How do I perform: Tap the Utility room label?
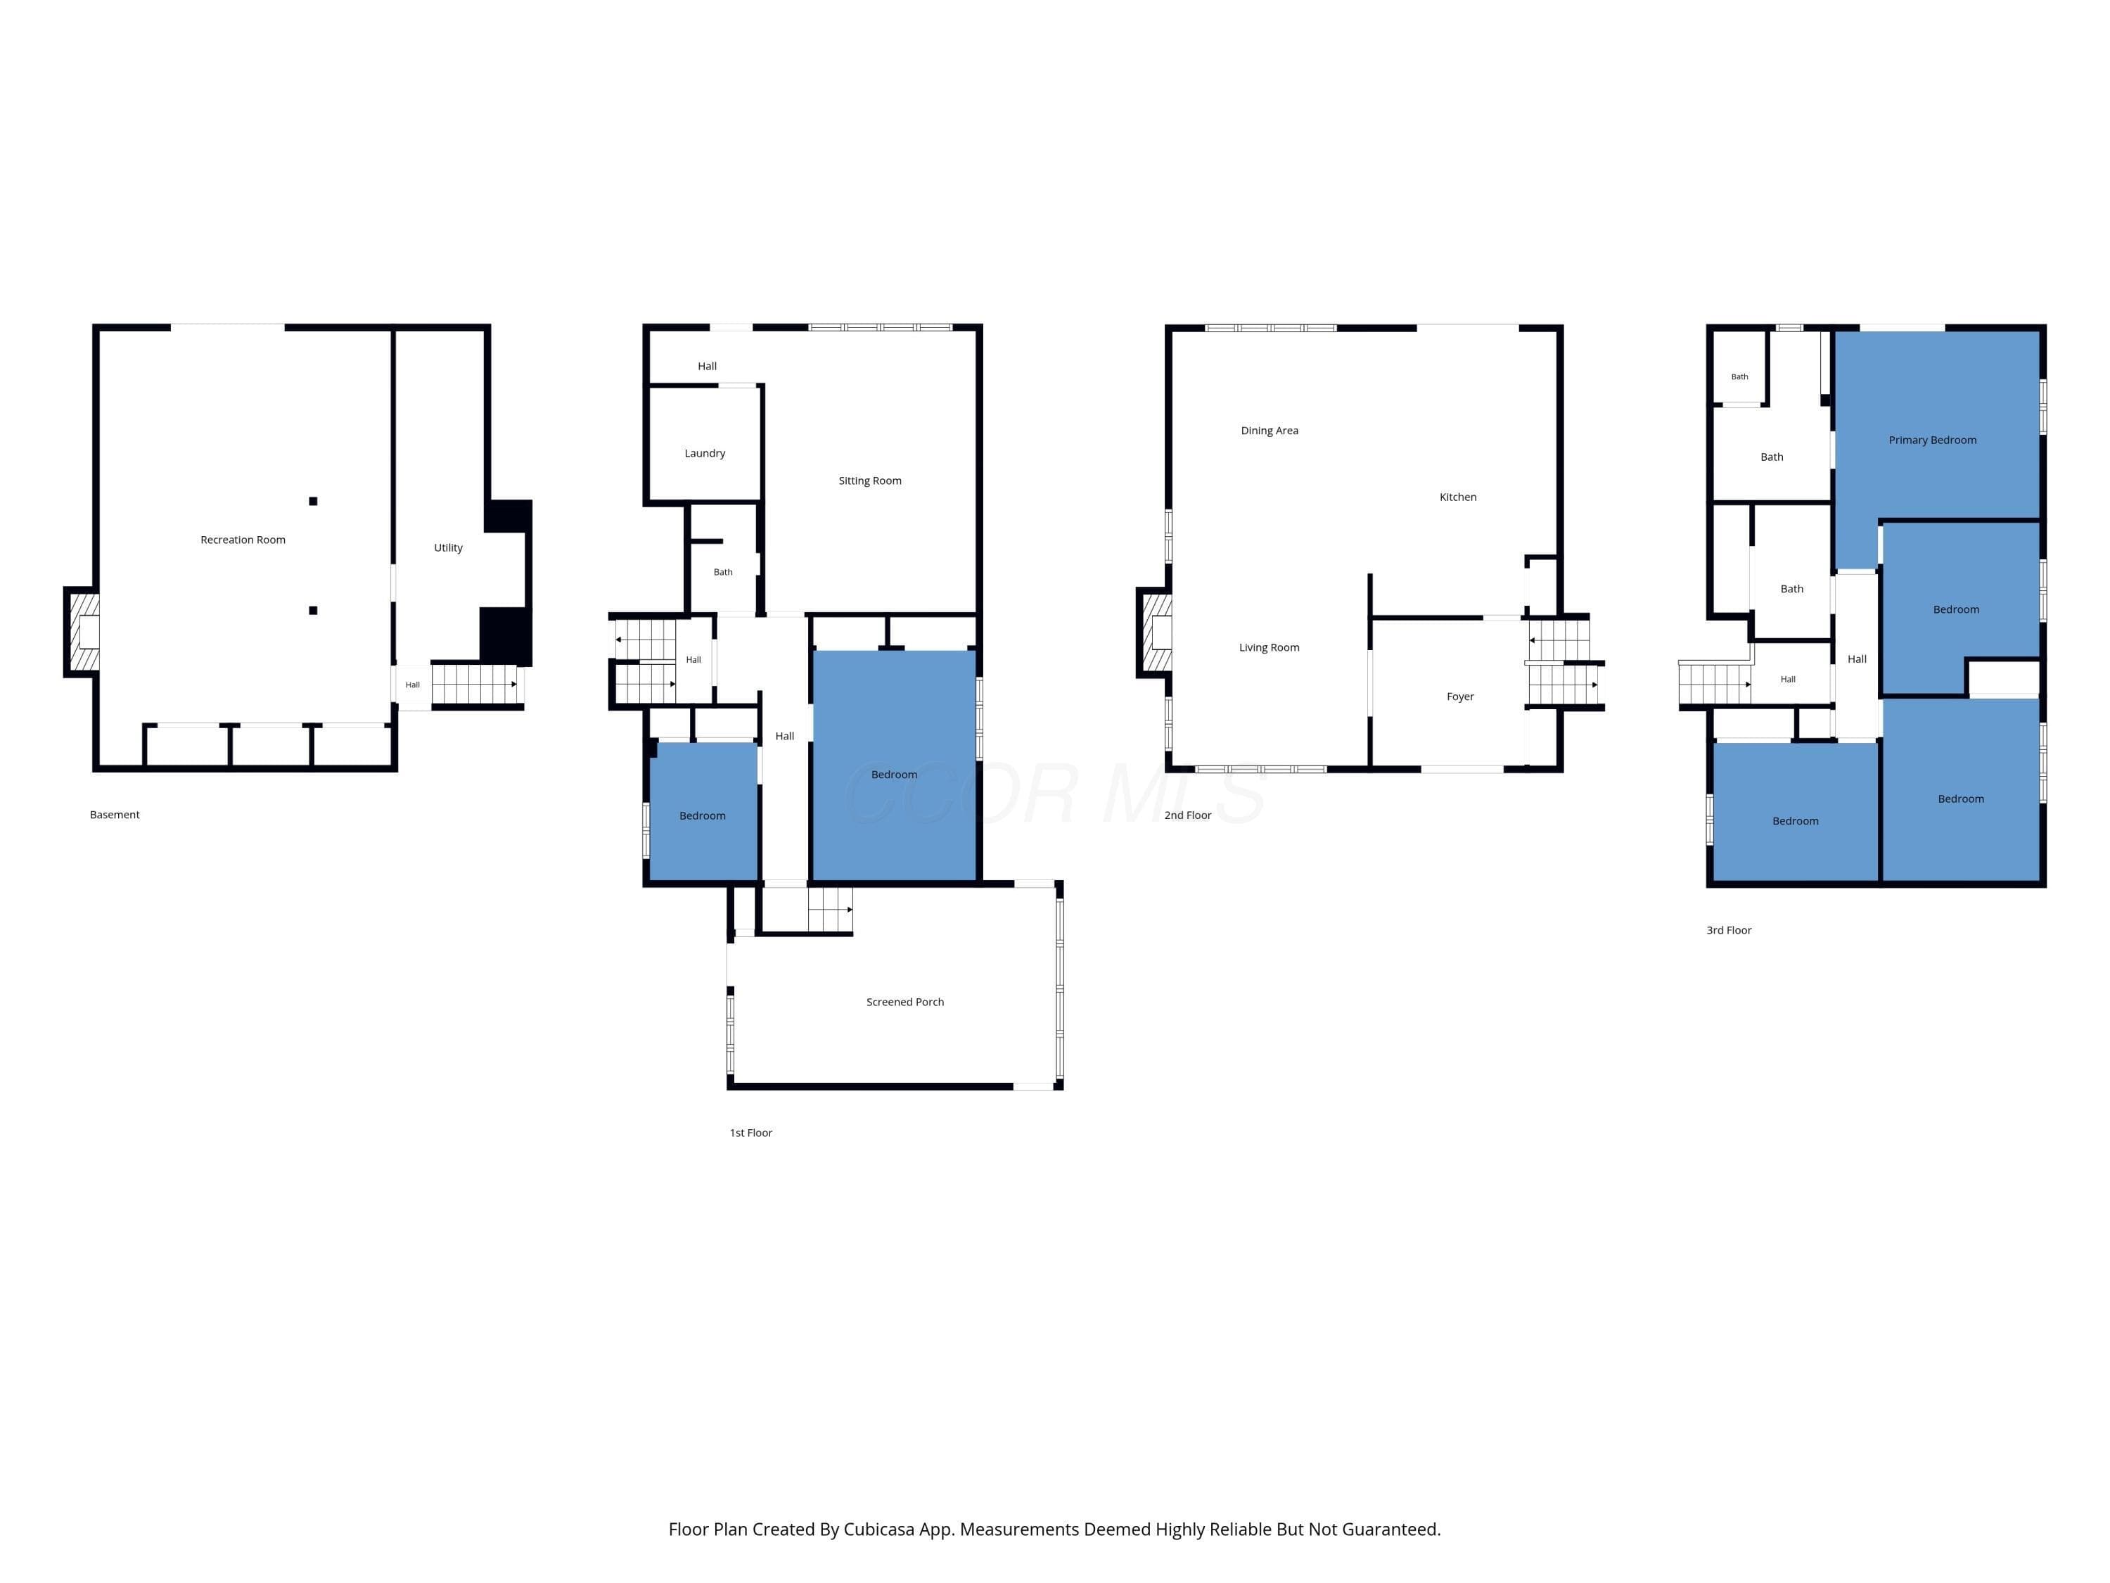pyautogui.click(x=448, y=547)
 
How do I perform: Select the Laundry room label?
pyautogui.click(x=705, y=453)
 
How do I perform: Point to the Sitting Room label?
pyautogui.click(x=870, y=481)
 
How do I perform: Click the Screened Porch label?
pyautogui.click(x=905, y=1002)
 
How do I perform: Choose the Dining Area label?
pyautogui.click(x=1270, y=431)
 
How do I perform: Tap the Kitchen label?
pyautogui.click(x=1457, y=497)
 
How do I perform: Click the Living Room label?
pyautogui.click(x=1269, y=648)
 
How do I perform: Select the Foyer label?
pyautogui.click(x=1460, y=697)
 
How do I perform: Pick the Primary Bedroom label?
pyautogui.click(x=1933, y=440)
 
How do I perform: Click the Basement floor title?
pyautogui.click(x=115, y=815)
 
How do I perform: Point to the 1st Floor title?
pyautogui.click(x=750, y=1133)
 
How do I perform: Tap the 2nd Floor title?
pyautogui.click(x=1188, y=815)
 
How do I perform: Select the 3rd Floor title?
pyautogui.click(x=1729, y=930)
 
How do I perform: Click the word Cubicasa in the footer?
pyautogui.click(x=878, y=1530)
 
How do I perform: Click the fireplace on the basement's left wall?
pyautogui.click(x=83, y=632)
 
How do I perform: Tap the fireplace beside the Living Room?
pyautogui.click(x=1155, y=632)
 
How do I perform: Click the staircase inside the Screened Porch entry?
pyautogui.click(x=830, y=909)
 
